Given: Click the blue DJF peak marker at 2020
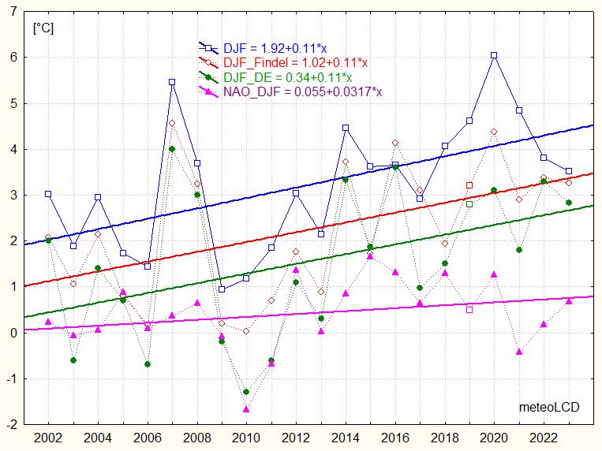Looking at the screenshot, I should (494, 55).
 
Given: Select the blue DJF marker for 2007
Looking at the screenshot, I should (172, 82).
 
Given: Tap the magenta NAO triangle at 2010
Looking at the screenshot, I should (246, 409).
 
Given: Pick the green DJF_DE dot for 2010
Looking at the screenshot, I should (246, 392).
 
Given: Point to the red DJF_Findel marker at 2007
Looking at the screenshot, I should (172, 123).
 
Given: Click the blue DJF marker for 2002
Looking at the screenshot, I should (48, 193).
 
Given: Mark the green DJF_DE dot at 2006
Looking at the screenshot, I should (148, 364).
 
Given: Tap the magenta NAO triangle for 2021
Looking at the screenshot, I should (519, 352).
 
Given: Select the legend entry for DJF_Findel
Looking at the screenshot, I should (296, 63).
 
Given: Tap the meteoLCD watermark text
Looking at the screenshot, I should (549, 407).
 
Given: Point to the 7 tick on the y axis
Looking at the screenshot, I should (15, 11).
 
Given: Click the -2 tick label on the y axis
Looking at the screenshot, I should (13, 423).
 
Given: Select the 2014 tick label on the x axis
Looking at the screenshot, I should (345, 438).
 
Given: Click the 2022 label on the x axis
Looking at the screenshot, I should (544, 438).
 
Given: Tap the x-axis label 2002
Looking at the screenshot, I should (48, 438).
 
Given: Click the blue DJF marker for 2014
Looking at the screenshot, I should (346, 128).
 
